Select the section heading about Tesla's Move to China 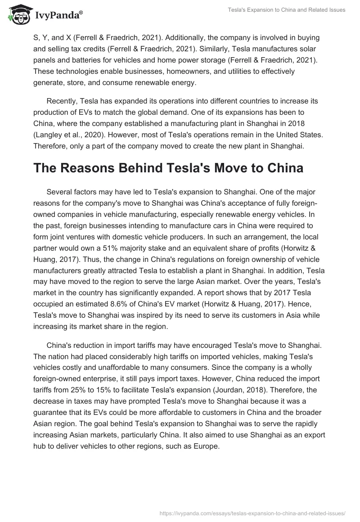click(168, 169)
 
